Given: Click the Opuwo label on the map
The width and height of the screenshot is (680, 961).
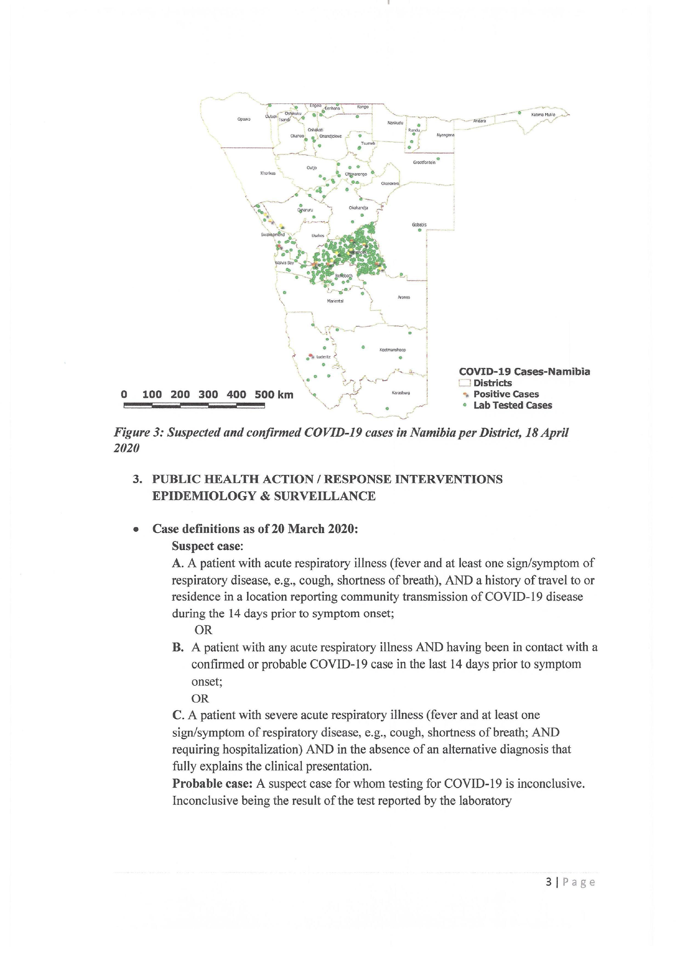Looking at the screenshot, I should click(244, 119).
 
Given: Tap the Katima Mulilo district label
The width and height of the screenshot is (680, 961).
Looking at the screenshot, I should click(543, 115).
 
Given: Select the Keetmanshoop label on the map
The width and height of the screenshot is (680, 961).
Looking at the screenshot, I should click(392, 349).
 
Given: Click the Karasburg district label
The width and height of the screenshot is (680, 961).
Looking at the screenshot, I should click(401, 393).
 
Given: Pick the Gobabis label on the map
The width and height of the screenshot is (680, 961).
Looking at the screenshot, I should click(419, 225).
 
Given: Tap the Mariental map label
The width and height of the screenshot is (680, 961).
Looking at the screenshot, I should click(335, 301).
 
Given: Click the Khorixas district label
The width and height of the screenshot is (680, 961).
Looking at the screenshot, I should click(268, 173).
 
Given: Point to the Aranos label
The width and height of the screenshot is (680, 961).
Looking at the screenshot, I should click(404, 297).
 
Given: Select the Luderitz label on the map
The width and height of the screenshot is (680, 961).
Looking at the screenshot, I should click(324, 357).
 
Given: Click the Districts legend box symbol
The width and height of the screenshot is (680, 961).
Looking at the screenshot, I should click(465, 383).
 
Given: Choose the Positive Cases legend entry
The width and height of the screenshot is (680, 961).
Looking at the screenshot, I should click(506, 394).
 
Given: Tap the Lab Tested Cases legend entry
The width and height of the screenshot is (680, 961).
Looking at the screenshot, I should click(513, 405).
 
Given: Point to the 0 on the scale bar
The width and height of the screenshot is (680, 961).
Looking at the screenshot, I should click(124, 395).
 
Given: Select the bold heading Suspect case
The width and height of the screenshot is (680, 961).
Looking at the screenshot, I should click(207, 546).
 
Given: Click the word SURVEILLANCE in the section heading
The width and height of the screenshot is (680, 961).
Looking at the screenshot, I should click(324, 496).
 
